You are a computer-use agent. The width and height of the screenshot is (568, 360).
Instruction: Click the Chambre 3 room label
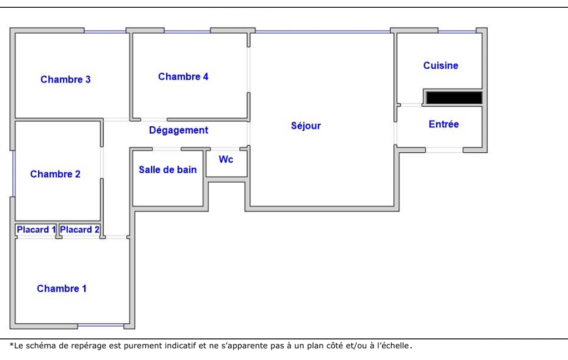click(65, 79)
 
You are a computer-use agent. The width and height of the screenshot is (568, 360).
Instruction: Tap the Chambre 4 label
click(183, 76)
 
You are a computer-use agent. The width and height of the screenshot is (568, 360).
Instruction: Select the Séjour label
click(306, 126)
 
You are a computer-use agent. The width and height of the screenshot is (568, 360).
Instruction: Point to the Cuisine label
click(441, 65)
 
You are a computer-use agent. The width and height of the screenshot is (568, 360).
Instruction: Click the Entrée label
click(444, 124)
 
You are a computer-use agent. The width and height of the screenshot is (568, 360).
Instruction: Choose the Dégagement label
click(178, 130)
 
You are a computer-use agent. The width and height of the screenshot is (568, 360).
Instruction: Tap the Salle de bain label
click(168, 169)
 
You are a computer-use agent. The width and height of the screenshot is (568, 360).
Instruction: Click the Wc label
click(226, 160)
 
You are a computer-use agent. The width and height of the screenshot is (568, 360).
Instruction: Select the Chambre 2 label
click(55, 174)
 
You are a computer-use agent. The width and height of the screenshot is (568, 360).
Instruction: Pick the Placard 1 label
click(36, 229)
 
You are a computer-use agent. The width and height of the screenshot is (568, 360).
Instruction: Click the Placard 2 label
click(80, 229)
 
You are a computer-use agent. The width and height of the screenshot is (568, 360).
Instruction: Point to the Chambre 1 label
click(62, 289)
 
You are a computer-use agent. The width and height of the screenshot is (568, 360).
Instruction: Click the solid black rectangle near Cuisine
click(454, 98)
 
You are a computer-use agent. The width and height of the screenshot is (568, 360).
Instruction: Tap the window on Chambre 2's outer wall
click(14, 174)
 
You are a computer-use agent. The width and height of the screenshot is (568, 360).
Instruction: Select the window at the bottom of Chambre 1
click(101, 326)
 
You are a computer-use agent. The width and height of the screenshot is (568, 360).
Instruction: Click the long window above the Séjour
click(323, 32)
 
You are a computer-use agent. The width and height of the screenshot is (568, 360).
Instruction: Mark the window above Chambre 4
click(187, 32)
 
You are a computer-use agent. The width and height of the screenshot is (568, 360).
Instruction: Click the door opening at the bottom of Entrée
click(444, 150)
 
